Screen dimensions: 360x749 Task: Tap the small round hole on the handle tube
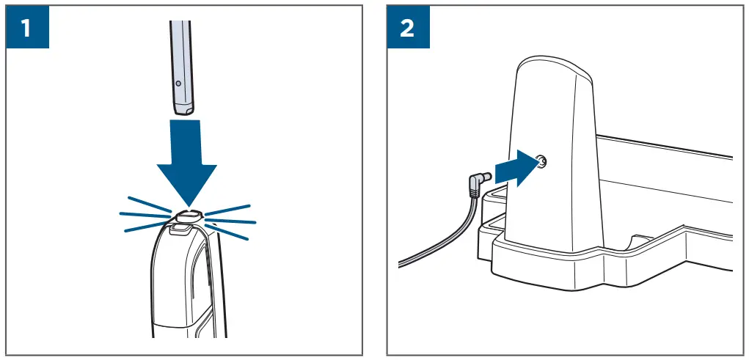177,84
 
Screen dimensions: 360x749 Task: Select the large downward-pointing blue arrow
188,161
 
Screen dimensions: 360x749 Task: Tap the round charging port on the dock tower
541,161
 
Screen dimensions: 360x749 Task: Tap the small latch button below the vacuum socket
180,229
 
